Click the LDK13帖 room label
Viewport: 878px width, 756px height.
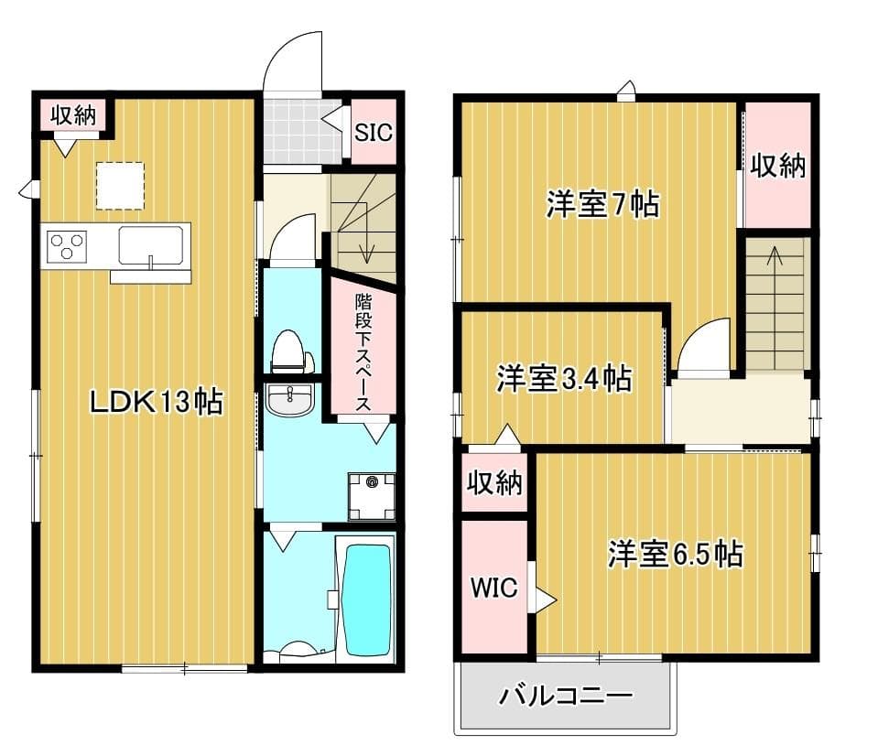[x=156, y=401]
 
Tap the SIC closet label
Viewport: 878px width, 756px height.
[x=374, y=132]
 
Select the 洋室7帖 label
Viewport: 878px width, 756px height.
[x=602, y=205]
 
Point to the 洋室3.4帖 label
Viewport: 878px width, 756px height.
[x=563, y=378]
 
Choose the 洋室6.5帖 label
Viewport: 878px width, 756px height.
[x=675, y=554]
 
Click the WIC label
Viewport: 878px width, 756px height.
[x=493, y=588]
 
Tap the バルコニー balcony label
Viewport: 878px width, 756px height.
[x=565, y=697]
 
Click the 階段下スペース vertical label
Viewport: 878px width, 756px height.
[x=363, y=352]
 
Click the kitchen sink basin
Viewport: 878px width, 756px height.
[x=150, y=245]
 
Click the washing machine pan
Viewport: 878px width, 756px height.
[x=371, y=496]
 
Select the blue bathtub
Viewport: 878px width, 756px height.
[x=366, y=599]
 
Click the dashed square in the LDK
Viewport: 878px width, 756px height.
[x=121, y=186]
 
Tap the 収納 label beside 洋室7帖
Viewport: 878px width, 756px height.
[x=777, y=166]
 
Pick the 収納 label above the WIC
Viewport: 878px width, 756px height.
[x=494, y=482]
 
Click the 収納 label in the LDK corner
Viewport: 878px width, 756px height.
[x=73, y=115]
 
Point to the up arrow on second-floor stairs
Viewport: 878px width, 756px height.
[x=775, y=256]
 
